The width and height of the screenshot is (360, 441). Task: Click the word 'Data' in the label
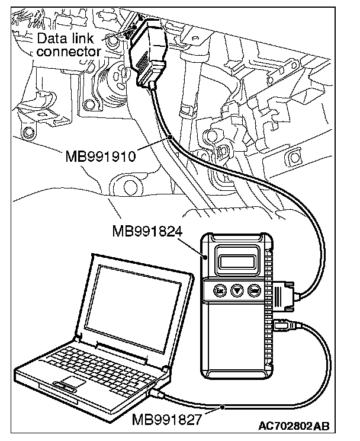pyautogui.click(x=50, y=39)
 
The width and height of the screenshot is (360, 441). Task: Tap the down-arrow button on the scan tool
pyautogui.click(x=237, y=292)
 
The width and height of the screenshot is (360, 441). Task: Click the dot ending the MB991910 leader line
pyautogui.click(x=169, y=138)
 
